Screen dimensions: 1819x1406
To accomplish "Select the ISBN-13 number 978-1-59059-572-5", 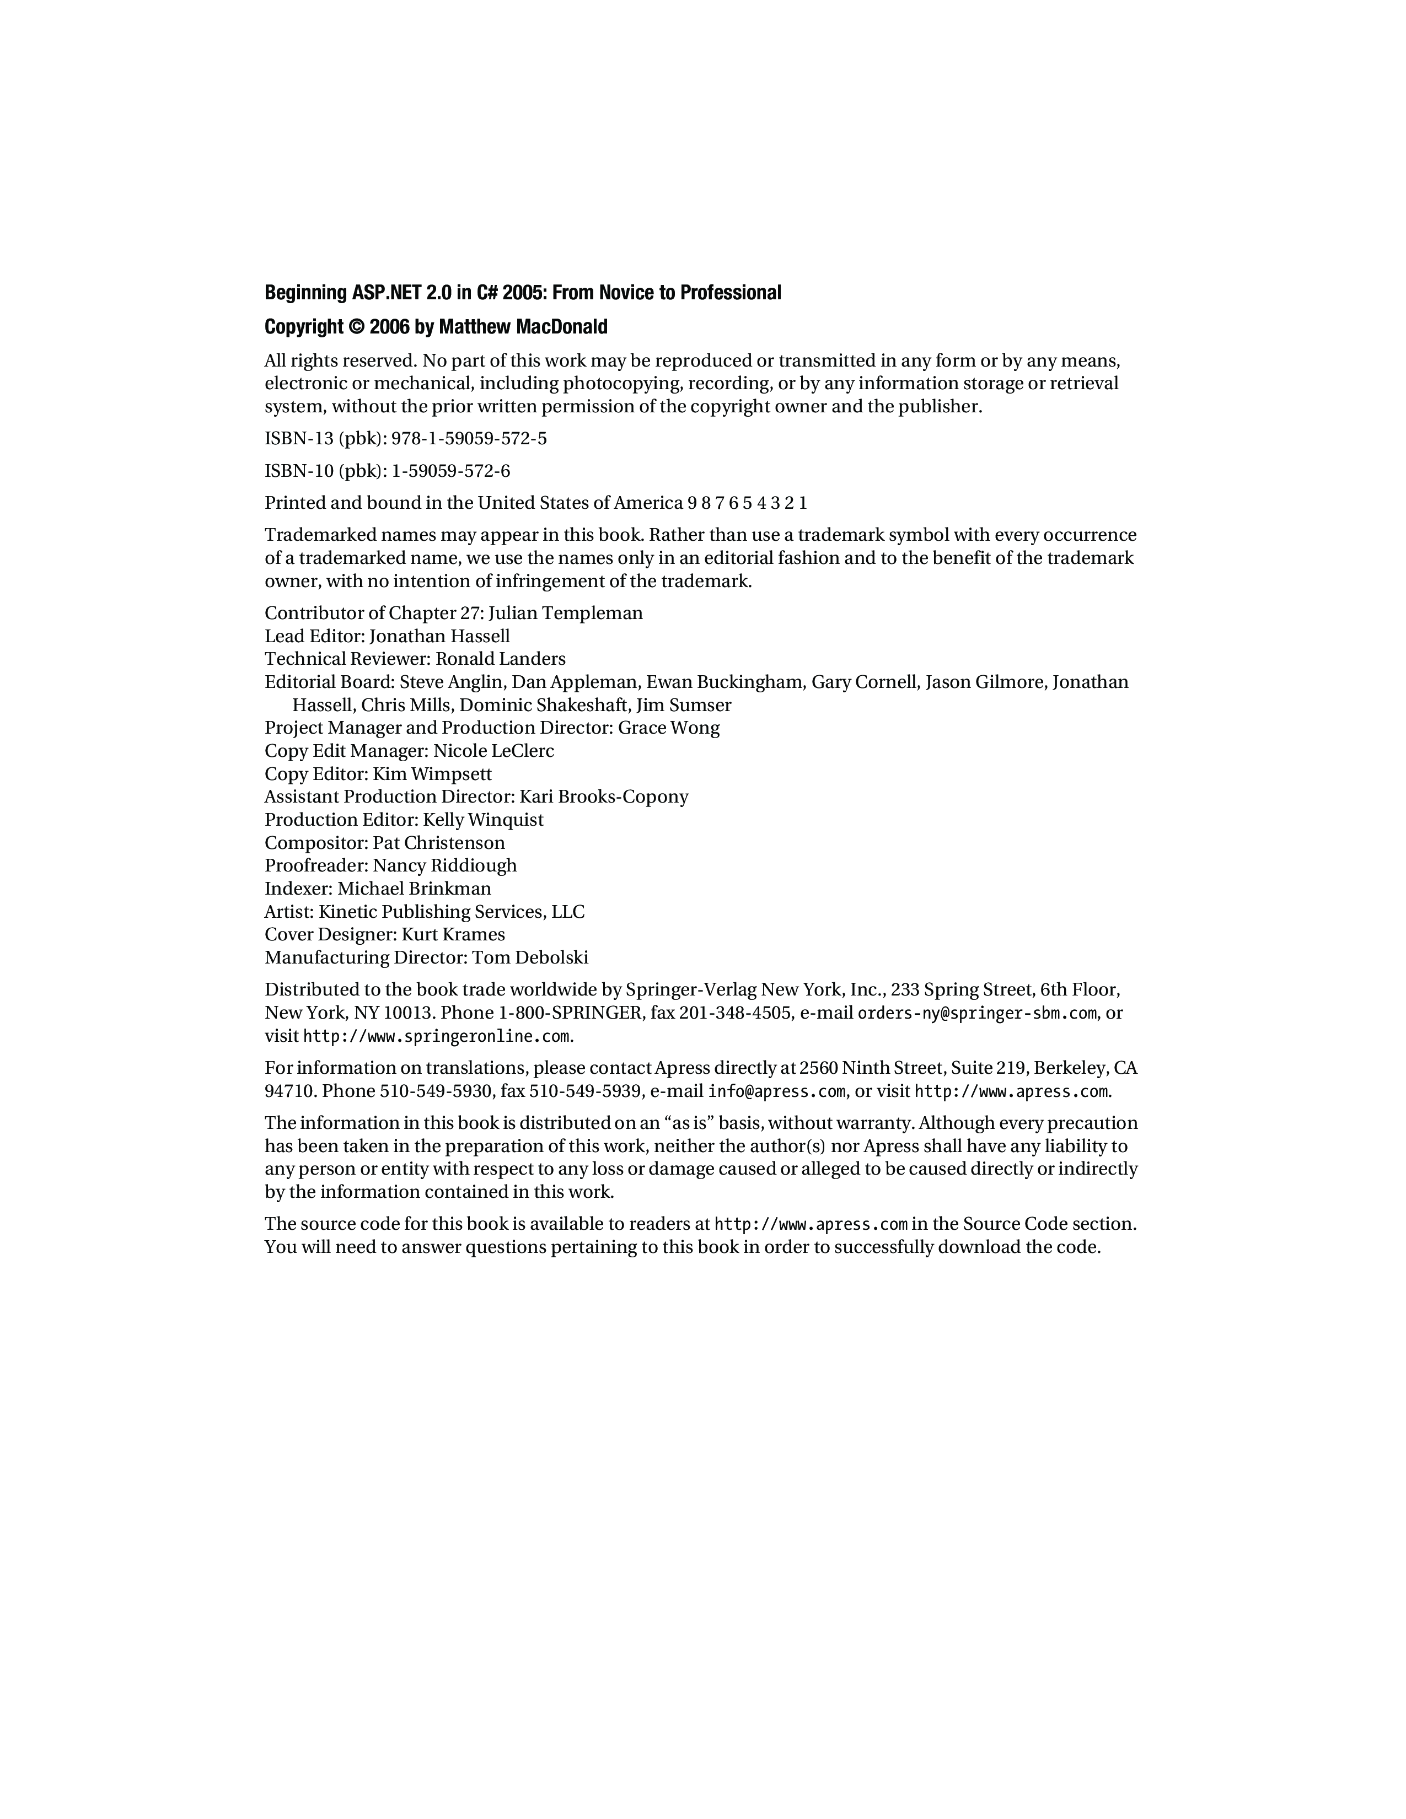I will pyautogui.click(x=469, y=439).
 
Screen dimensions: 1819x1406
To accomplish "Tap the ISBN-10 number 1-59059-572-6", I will pyautogui.click(x=450, y=471).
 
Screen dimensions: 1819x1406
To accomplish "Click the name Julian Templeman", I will pyautogui.click(x=566, y=614).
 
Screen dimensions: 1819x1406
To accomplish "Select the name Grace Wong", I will pyautogui.click(x=669, y=728).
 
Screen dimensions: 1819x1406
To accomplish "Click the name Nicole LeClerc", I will pyautogui.click(x=494, y=751).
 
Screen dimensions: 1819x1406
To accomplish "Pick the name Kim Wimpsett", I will pyautogui.click(x=432, y=774).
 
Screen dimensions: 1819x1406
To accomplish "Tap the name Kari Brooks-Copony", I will pyautogui.click(x=604, y=797).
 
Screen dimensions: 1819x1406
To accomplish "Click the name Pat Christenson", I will pyautogui.click(x=439, y=843).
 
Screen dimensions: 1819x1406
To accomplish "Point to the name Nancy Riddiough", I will pyautogui.click(x=445, y=865).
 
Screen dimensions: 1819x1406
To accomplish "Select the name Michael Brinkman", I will pyautogui.click(x=414, y=889).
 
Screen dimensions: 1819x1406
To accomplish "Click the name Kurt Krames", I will pyautogui.click(x=453, y=934).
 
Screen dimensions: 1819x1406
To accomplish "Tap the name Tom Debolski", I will pyautogui.click(x=530, y=958).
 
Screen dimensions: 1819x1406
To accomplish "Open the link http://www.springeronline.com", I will pyautogui.click(x=437, y=1037).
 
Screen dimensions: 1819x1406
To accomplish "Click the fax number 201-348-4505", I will pyautogui.click(x=736, y=1014).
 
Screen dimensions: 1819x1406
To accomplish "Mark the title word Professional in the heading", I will pyautogui.click(x=731, y=293).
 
